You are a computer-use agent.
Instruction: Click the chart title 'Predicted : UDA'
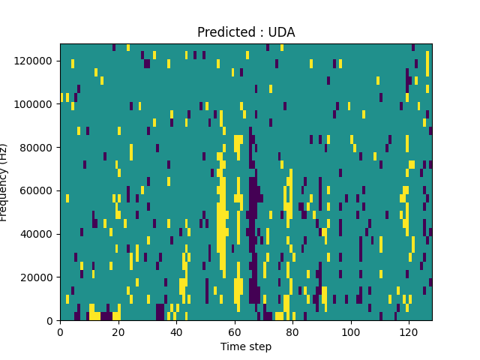pyautogui.click(x=246, y=32)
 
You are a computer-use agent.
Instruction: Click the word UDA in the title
pyautogui.click(x=282, y=32)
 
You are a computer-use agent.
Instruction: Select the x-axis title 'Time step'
pyautogui.click(x=246, y=346)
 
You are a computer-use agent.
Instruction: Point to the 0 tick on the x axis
pyautogui.click(x=60, y=331)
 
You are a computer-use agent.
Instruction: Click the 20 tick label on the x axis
pyautogui.click(x=118, y=331)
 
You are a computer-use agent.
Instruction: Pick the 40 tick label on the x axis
pyautogui.click(x=176, y=331)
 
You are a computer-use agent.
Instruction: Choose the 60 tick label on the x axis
pyautogui.click(x=234, y=331)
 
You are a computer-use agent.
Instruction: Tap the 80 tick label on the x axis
pyautogui.click(x=292, y=331)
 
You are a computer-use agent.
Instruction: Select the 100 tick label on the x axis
pyautogui.click(x=350, y=331)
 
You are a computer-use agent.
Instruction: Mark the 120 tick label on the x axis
pyautogui.click(x=409, y=331)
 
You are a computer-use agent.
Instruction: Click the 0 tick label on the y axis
pyautogui.click(x=51, y=321)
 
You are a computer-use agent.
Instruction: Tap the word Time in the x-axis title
pyautogui.click(x=232, y=346)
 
